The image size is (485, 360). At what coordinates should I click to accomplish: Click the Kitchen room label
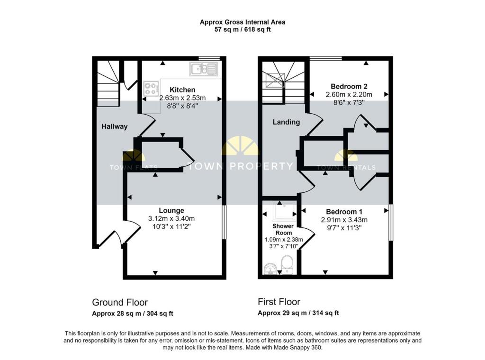[x=182, y=90]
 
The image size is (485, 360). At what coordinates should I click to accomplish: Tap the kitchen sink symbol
[x=204, y=69]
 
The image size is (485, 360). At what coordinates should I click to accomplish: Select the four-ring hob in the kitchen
[x=152, y=88]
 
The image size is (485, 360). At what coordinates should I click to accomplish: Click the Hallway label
[x=115, y=126]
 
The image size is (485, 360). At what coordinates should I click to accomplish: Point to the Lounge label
[x=171, y=210]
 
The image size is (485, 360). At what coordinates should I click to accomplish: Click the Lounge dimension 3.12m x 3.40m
[x=171, y=218]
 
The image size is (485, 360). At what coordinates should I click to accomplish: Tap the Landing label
[x=286, y=122]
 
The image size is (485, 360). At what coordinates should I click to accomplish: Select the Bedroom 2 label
[x=349, y=86]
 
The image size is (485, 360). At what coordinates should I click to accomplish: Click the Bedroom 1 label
[x=344, y=212]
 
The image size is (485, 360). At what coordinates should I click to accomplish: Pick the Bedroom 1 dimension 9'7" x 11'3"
[x=344, y=228]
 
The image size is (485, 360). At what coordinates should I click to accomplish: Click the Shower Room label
[x=283, y=229]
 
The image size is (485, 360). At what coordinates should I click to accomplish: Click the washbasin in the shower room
[x=271, y=269]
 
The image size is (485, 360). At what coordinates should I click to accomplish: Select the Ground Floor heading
[x=120, y=302]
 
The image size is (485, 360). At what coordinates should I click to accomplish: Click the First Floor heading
[x=279, y=302]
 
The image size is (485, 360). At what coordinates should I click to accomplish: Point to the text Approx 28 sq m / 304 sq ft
[x=133, y=314]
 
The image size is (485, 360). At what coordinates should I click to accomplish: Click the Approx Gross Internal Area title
[x=242, y=22]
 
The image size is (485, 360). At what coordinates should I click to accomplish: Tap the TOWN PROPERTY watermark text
[x=240, y=166]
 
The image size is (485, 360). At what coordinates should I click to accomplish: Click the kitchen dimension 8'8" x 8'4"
[x=182, y=106]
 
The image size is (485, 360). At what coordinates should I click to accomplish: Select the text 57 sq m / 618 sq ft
[x=242, y=30]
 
